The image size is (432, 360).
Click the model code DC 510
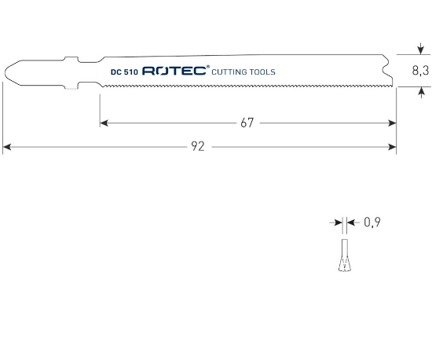(x=123, y=72)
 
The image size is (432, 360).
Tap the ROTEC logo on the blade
(x=174, y=72)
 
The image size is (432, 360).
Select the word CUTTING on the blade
(x=233, y=72)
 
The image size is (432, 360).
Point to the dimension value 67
(x=247, y=123)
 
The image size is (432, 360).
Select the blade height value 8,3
(x=419, y=71)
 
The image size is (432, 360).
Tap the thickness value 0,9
(x=372, y=222)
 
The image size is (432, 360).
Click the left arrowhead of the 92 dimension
(x=7, y=145)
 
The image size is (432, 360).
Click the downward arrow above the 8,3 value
(x=420, y=50)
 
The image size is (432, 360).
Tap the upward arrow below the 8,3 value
(x=420, y=92)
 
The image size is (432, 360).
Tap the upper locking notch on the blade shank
(x=73, y=60)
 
